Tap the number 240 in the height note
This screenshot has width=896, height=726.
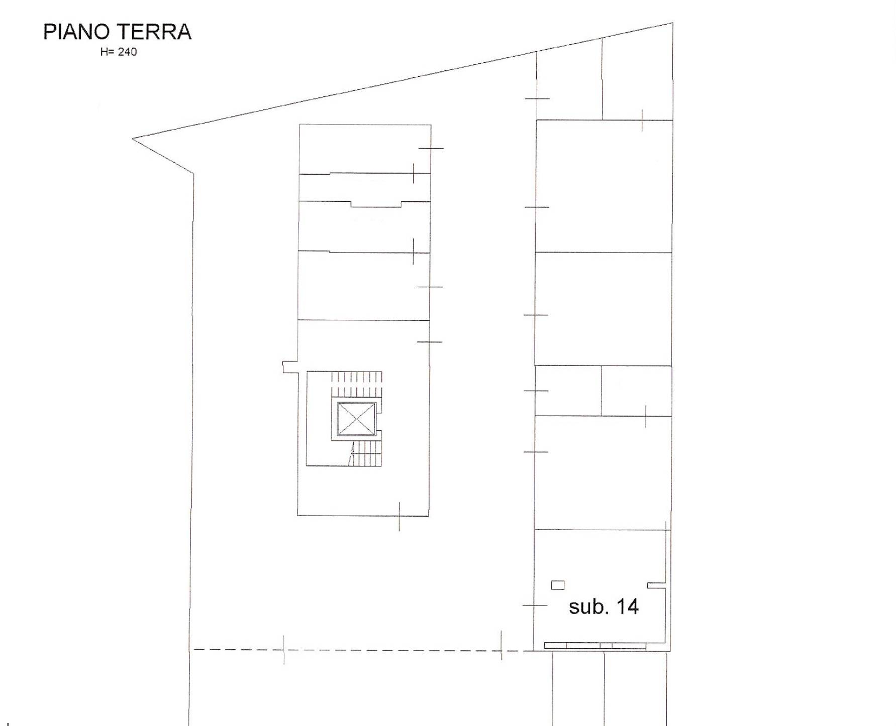tap(127, 52)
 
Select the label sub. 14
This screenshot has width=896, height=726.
tap(604, 607)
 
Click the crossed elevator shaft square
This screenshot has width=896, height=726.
tap(356, 419)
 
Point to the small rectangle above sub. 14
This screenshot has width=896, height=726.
tap(558, 585)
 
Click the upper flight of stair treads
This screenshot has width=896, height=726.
tap(356, 384)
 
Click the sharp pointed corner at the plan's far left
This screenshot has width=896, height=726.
tap(133, 139)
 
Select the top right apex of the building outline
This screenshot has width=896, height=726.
tap(672, 23)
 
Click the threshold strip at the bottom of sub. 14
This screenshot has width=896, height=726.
tap(595, 645)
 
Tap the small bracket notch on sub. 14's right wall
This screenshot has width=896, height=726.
tap(657, 585)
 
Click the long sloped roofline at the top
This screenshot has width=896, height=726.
tap(403, 81)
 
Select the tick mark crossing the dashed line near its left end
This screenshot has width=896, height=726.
tap(283, 650)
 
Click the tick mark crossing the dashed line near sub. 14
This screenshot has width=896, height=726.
tap(501, 645)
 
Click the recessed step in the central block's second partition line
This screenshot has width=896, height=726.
tap(376, 204)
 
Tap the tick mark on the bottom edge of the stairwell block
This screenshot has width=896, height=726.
tap(399, 516)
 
